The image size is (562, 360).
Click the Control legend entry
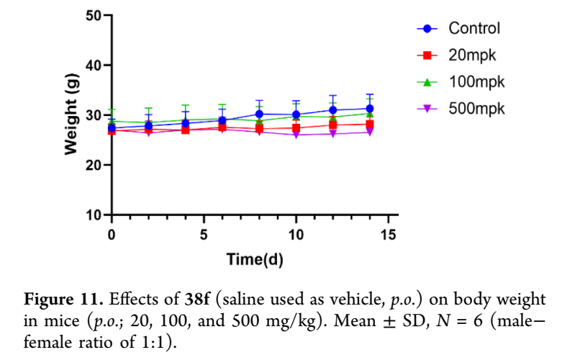pos(474,29)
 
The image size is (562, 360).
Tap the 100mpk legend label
pos(476,82)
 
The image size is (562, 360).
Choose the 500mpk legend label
pos(476,109)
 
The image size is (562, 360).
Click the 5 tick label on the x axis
pos(204,235)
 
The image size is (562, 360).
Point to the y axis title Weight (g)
pos(71,115)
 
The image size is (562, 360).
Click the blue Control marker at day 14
pos(369,109)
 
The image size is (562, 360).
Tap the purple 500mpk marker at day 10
pos(296,135)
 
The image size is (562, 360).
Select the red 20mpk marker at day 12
pos(332,125)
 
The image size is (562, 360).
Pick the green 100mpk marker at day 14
pos(369,114)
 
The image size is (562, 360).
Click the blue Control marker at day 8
pos(259,114)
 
